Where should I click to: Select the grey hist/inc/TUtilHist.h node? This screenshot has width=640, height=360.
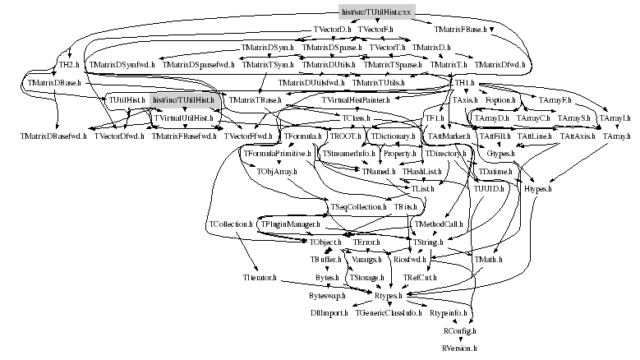182,99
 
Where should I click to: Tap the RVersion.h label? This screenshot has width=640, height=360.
459,348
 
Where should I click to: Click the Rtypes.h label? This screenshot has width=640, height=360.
389,295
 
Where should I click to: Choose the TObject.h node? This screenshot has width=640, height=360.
326,243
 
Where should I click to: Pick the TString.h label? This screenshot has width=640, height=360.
425,243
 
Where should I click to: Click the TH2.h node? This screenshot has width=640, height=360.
67,63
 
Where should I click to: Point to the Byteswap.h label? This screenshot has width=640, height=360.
326,295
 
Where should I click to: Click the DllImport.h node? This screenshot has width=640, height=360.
329,313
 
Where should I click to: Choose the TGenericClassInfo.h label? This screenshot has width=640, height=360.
389,313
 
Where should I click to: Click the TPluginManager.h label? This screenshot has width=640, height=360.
289,224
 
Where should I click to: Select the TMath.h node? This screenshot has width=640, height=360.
489,260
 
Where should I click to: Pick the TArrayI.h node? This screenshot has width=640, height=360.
615,118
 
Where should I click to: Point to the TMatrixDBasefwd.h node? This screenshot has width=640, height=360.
54,135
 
